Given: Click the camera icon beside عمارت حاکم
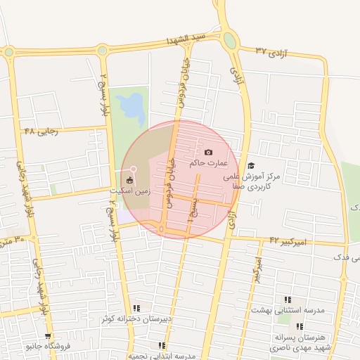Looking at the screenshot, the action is tap(208, 153).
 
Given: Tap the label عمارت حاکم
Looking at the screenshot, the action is tap(209, 163).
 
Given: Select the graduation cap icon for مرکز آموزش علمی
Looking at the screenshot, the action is tap(251, 166).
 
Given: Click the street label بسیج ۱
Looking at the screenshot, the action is tap(191, 208).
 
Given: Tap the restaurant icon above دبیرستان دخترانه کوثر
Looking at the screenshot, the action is tap(136, 308).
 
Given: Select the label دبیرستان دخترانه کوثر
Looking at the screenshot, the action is tap(136, 319).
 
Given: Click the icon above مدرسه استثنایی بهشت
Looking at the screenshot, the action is tap(287, 300).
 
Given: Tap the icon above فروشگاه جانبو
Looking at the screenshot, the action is tap(48, 336).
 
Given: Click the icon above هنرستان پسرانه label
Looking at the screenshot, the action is tap(300, 326).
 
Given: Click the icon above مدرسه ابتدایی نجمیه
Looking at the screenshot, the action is tap(162, 345).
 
